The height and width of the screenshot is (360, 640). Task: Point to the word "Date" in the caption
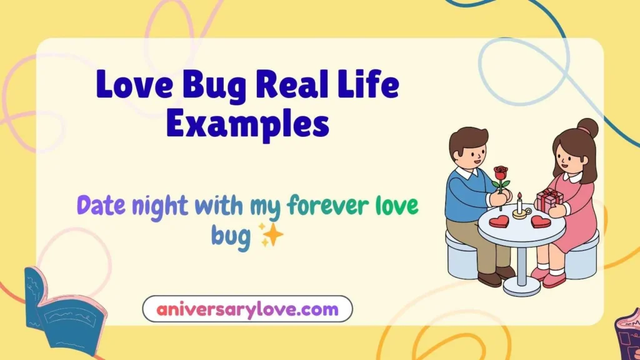102,205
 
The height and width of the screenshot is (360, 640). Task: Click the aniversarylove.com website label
247,309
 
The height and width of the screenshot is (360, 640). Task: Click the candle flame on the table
519,196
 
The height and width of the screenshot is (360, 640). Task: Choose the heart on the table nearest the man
499,221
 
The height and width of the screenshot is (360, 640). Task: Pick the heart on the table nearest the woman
541,221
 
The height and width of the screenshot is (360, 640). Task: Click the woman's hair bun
587,127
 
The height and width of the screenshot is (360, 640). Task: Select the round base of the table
521,288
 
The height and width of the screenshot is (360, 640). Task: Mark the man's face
471,153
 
